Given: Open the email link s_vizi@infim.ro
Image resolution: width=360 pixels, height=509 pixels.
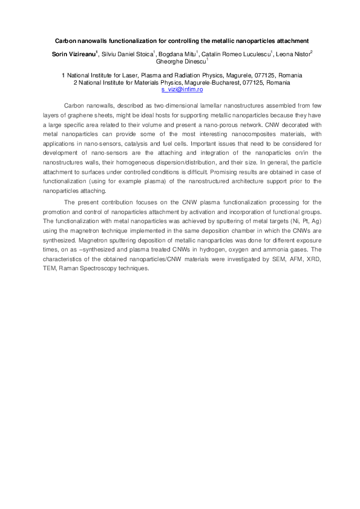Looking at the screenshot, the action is point(180,88).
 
